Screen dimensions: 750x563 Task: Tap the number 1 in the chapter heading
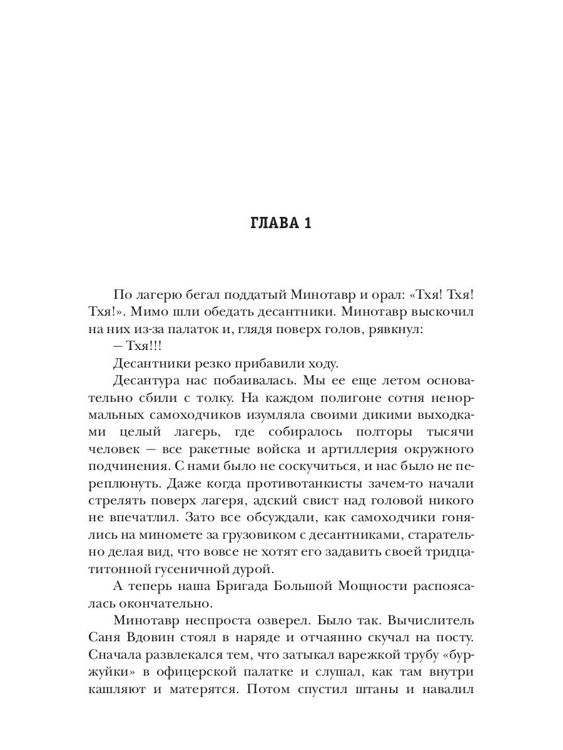pyautogui.click(x=307, y=224)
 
